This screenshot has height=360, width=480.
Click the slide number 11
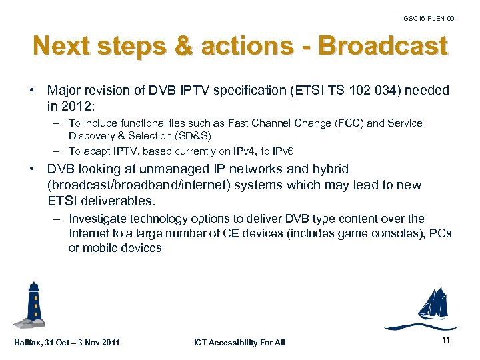tap(447, 341)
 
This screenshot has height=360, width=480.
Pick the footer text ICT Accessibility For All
tap(239, 343)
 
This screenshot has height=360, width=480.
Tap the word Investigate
tap(98, 219)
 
